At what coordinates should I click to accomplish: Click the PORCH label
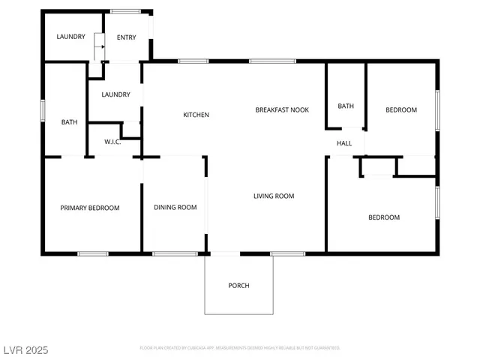click(x=238, y=286)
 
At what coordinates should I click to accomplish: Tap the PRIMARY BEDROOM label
click(x=90, y=208)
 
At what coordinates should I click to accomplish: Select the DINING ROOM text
click(x=175, y=208)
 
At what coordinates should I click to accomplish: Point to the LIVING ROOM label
click(x=273, y=196)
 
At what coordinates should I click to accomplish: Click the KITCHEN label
click(x=196, y=115)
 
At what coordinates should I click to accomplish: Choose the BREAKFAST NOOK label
click(x=282, y=110)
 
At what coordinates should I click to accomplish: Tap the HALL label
click(x=344, y=143)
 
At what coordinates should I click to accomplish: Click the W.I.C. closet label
click(x=112, y=142)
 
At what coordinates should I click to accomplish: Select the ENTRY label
click(x=127, y=37)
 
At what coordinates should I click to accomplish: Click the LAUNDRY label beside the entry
click(x=70, y=37)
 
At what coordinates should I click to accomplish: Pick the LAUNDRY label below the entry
click(x=115, y=94)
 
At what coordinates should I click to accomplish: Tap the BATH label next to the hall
click(x=346, y=106)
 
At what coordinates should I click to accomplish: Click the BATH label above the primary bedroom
click(x=69, y=122)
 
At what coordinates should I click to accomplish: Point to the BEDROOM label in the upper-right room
click(x=400, y=110)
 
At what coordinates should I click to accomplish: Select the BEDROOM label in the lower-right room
click(x=383, y=217)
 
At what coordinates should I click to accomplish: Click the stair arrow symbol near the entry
click(x=97, y=50)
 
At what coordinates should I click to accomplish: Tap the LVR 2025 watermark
click(x=25, y=349)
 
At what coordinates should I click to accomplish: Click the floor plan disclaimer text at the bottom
click(x=240, y=348)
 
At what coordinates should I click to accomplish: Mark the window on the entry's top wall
click(x=125, y=11)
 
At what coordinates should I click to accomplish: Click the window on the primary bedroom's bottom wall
click(x=93, y=253)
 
